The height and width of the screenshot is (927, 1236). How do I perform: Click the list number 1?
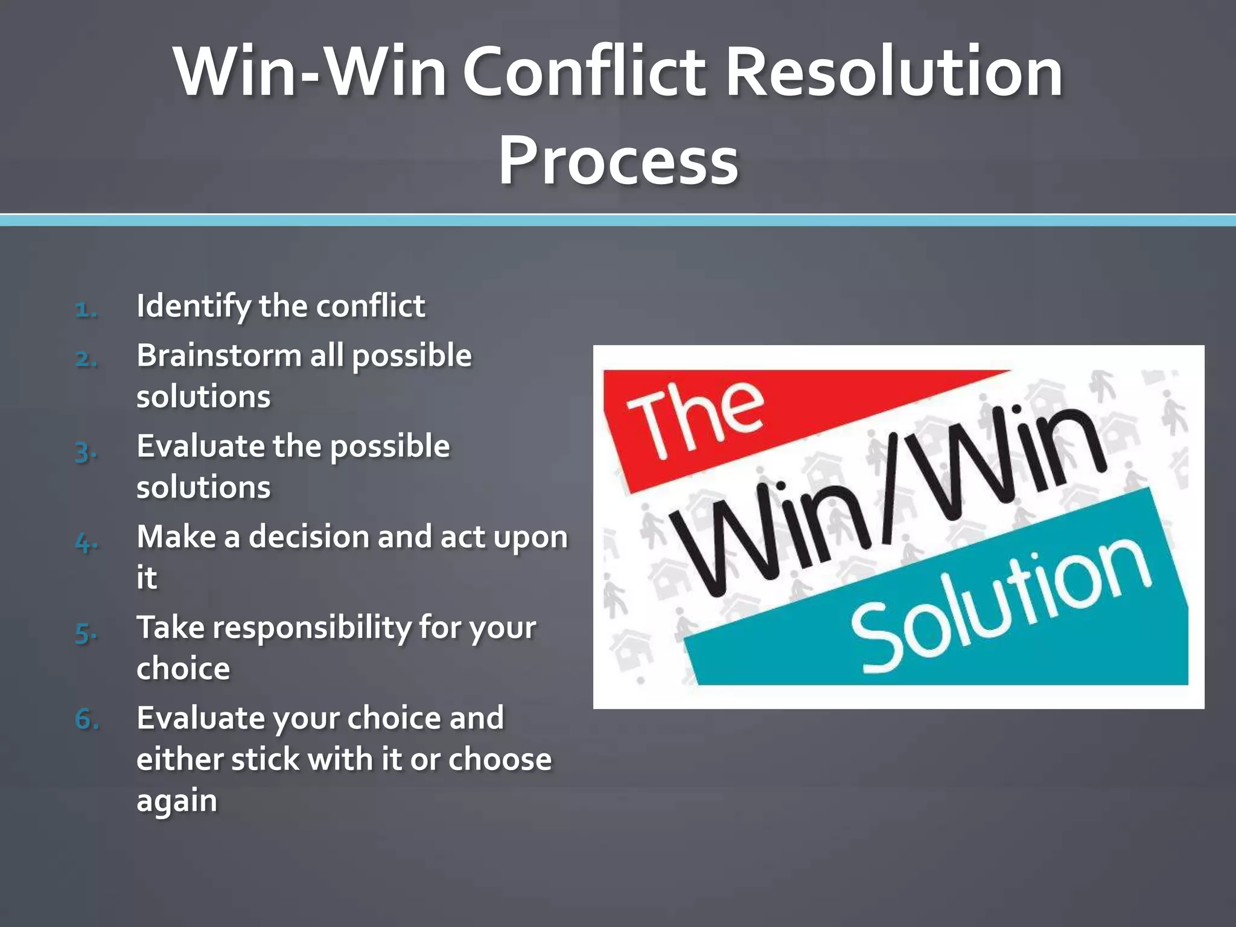coord(86,309)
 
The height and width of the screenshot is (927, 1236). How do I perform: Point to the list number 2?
coord(86,358)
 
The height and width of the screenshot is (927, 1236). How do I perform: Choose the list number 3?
coord(86,450)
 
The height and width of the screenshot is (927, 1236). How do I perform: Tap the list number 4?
coord(86,541)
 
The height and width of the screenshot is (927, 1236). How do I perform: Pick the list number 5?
coord(86,632)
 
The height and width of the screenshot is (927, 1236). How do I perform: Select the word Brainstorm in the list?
coord(218,355)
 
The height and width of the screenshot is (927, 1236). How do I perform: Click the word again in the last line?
coord(176,801)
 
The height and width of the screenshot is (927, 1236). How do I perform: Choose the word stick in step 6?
coord(265,759)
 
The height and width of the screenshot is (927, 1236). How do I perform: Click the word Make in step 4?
coord(176,537)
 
